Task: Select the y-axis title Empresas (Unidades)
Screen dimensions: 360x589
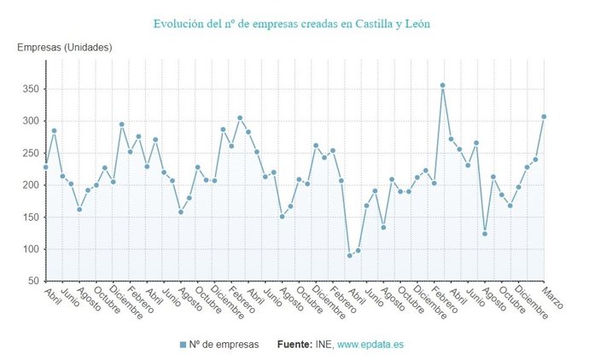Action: [65, 47]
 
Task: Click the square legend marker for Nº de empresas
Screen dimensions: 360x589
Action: [183, 344]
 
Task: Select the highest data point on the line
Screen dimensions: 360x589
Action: [442, 85]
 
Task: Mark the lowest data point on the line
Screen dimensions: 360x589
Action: [349, 255]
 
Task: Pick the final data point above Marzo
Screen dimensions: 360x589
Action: [544, 117]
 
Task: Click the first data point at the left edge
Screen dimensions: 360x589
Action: [46, 167]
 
